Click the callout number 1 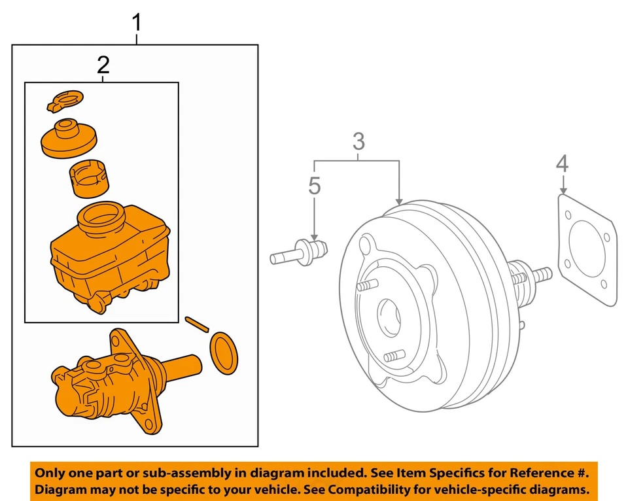click(136, 24)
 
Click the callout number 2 click(103, 65)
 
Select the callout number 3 click(358, 141)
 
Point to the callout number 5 click(315, 186)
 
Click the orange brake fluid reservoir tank click(108, 258)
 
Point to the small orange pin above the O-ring click(196, 324)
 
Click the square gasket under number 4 click(587, 249)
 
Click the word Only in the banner click(51, 472)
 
